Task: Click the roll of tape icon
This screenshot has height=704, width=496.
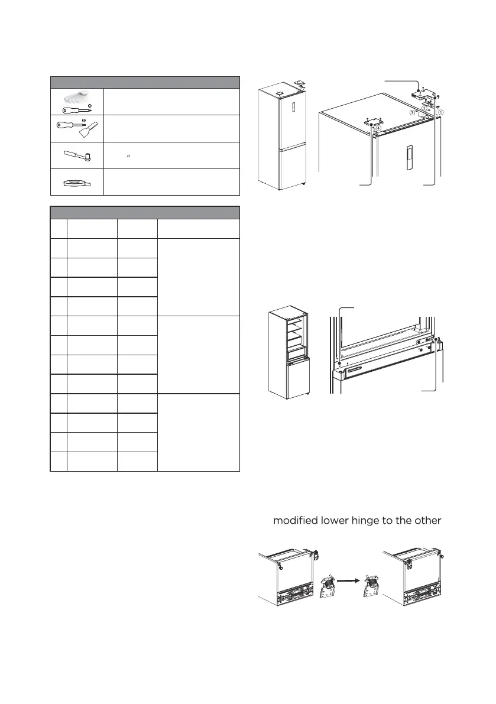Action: click(x=77, y=183)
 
